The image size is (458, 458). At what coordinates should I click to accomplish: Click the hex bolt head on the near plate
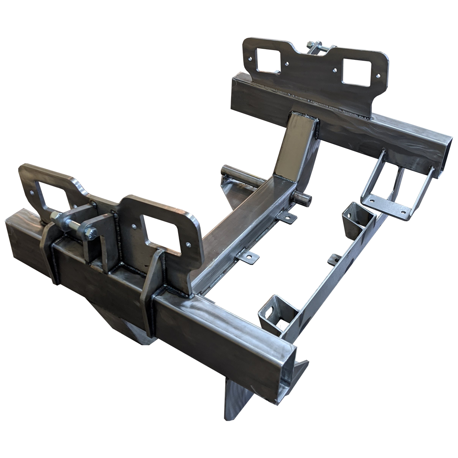pos(90,233)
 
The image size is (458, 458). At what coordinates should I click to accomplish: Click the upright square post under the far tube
pos(297,142)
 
